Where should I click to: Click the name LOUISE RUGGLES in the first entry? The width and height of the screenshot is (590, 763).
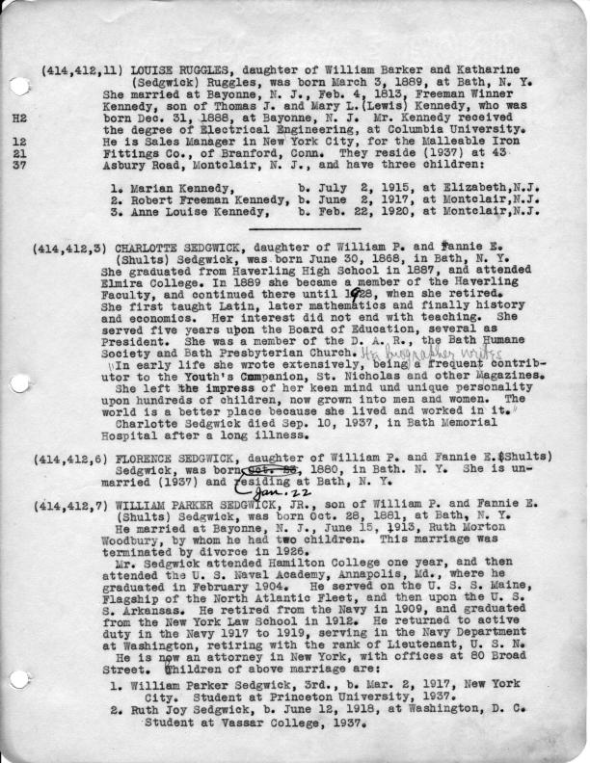170,72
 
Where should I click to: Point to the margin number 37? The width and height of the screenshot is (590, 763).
18,166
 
